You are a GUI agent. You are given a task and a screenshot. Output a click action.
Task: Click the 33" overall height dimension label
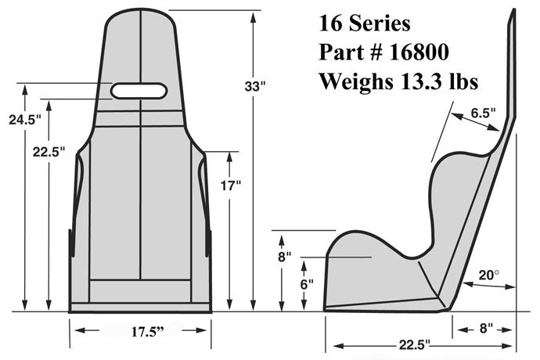click(255, 87)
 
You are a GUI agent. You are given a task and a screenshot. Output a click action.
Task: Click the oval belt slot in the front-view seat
click(139, 91)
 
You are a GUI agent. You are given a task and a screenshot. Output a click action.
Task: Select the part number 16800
click(423, 52)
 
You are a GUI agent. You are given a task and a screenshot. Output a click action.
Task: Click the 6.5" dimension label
click(484, 113)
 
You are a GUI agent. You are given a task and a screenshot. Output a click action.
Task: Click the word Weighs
click(351, 80)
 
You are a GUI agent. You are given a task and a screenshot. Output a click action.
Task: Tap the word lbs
click(462, 80)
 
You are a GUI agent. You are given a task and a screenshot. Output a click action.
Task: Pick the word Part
click(339, 52)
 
